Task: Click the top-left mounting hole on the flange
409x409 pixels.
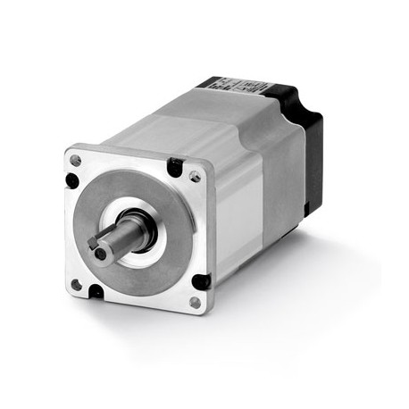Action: pyautogui.click(x=75, y=161)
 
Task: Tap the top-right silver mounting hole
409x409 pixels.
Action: pyautogui.click(x=195, y=177)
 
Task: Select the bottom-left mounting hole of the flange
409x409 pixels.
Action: pyautogui.click(x=76, y=284)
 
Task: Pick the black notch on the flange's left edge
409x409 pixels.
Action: pyautogui.click(x=71, y=180)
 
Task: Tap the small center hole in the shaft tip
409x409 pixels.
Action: pyautogui.click(x=99, y=253)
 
